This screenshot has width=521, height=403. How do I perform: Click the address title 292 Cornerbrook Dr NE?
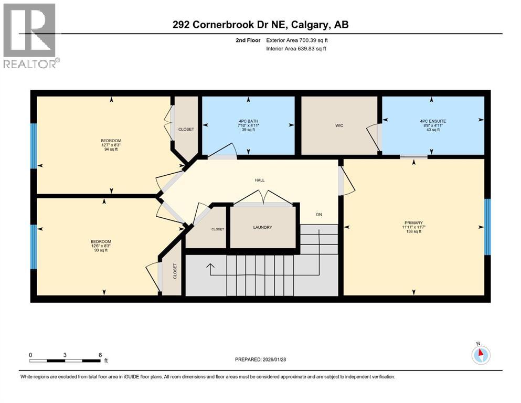(260, 25)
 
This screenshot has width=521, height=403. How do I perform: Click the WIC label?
(339, 126)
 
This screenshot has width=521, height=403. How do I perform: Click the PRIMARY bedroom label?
(413, 226)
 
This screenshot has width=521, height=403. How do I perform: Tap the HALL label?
(260, 180)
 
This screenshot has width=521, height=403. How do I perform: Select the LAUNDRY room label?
(263, 227)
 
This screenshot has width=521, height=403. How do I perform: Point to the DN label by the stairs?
(318, 214)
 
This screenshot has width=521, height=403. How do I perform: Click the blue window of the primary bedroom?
(487, 226)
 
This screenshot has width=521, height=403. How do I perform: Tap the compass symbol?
(481, 354)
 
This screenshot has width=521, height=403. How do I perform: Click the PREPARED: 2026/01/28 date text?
(260, 359)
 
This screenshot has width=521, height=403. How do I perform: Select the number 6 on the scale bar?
(99, 355)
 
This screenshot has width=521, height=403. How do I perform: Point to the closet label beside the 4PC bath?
(186, 129)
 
